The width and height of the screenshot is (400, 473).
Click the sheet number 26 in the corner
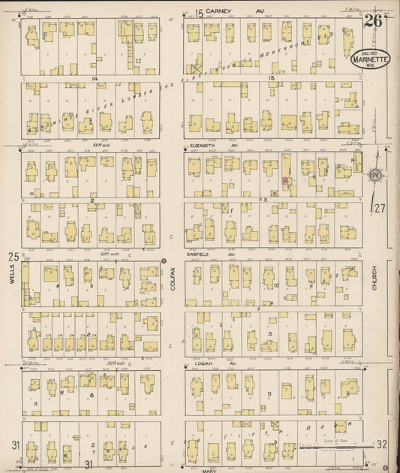click(x=373, y=20)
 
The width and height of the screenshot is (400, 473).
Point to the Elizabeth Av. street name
click(x=214, y=146)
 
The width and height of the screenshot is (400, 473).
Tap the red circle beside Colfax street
click(x=164, y=261)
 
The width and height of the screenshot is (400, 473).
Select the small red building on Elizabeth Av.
click(x=285, y=181)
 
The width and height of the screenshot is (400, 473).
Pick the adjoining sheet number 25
click(x=13, y=257)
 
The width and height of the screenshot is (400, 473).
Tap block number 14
click(x=95, y=78)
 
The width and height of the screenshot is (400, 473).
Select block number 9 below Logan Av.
click(x=268, y=393)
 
